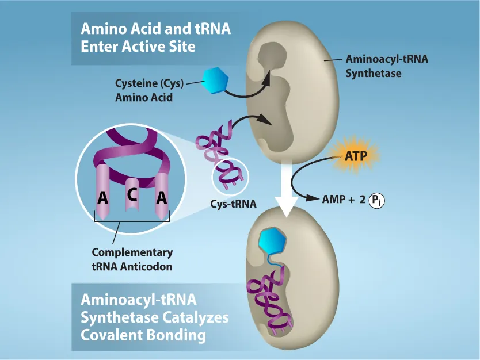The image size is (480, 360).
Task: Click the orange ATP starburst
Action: pos(355,155)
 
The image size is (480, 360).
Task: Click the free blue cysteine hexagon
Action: pos(214,80)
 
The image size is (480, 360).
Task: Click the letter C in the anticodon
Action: pos(132,195)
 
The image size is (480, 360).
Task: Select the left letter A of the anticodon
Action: pos(103,199)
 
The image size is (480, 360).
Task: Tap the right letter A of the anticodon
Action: pos(162,198)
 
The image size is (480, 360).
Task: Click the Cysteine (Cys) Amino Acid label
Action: pos(149,90)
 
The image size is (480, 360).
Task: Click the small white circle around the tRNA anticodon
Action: pos(230,175)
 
